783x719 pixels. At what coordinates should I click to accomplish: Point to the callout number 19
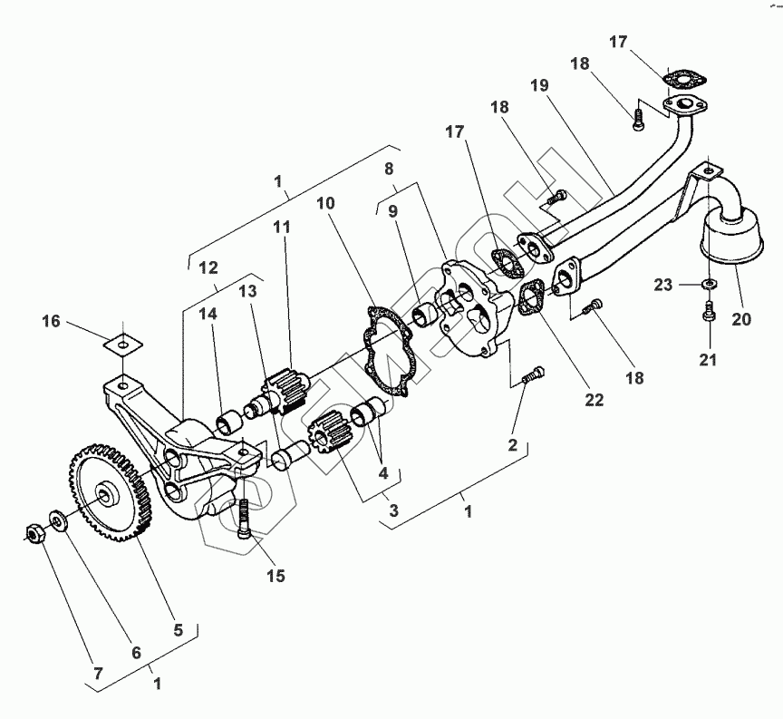(539, 86)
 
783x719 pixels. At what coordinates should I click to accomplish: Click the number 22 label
(594, 400)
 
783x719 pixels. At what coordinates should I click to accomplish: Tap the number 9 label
(392, 211)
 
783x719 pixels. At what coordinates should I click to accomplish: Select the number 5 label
(178, 628)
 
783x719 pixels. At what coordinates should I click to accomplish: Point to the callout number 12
(208, 268)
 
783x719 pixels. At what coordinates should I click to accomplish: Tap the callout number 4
(384, 472)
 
